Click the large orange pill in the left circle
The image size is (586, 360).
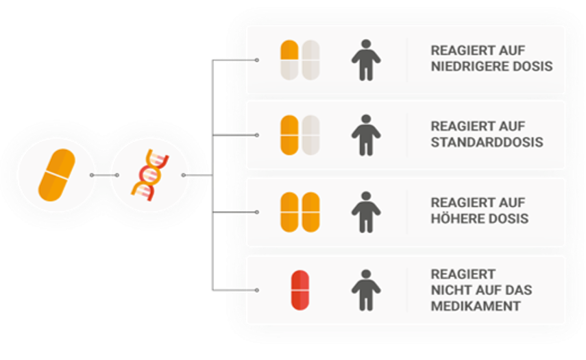coord(56,175)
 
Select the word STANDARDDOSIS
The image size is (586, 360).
coord(487,143)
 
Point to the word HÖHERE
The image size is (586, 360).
coord(454,219)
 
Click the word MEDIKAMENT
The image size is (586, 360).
coord(475,306)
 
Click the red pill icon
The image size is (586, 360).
coord(300,290)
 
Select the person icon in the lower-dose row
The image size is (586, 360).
coord(365,59)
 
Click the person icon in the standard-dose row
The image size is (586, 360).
coord(365,135)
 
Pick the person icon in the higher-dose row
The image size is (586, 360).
coord(365,212)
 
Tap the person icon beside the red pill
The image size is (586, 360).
coord(365,289)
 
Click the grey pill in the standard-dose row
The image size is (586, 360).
coord(311,134)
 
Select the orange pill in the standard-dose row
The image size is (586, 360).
coord(289,134)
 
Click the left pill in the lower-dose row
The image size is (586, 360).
coord(289,59)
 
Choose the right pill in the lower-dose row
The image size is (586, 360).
coord(311,59)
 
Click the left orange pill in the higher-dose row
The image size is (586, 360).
coord(289,212)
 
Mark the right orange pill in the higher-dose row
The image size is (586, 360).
coord(311,212)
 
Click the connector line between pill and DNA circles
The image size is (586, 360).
coord(104,175)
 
